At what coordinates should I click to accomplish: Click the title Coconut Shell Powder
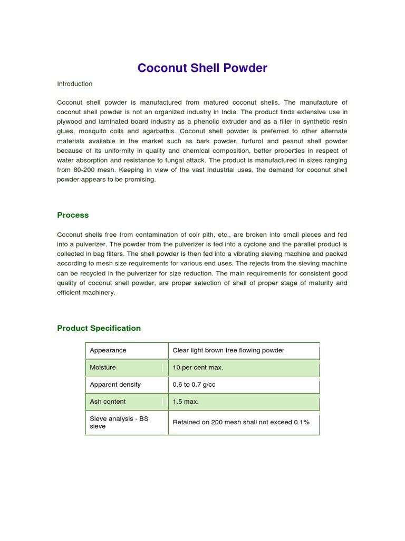pyautogui.click(x=202, y=68)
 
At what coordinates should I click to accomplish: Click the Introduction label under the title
pyautogui.click(x=74, y=84)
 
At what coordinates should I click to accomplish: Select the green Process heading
pyautogui.click(x=73, y=215)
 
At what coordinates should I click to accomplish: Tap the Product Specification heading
pyautogui.click(x=99, y=328)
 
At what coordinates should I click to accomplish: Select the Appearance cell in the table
pyautogui.click(x=108, y=350)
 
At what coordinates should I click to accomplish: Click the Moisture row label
pyautogui.click(x=103, y=367)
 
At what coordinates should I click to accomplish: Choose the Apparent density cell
pyautogui.click(x=115, y=385)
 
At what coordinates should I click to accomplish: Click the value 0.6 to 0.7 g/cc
pyautogui.click(x=194, y=385)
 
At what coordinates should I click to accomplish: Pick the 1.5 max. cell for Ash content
pyautogui.click(x=186, y=402)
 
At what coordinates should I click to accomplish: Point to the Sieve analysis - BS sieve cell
pyautogui.click(x=119, y=422)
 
